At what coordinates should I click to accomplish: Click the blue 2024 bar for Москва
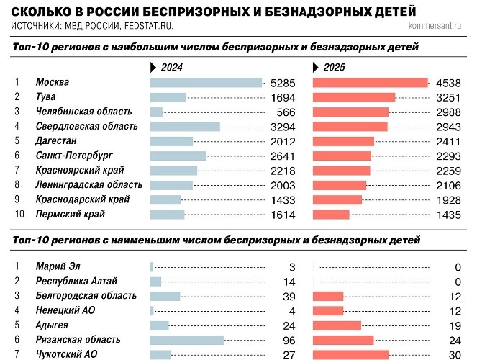(206, 83)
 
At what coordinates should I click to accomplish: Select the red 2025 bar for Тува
(354, 97)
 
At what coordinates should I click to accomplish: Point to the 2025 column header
(332, 67)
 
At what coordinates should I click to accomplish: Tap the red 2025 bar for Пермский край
(331, 215)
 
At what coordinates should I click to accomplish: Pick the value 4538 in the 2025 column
(449, 83)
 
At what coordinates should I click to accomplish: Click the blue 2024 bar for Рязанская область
(187, 340)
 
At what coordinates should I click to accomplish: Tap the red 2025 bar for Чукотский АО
(351, 354)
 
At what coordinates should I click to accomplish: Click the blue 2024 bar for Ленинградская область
(171, 185)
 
